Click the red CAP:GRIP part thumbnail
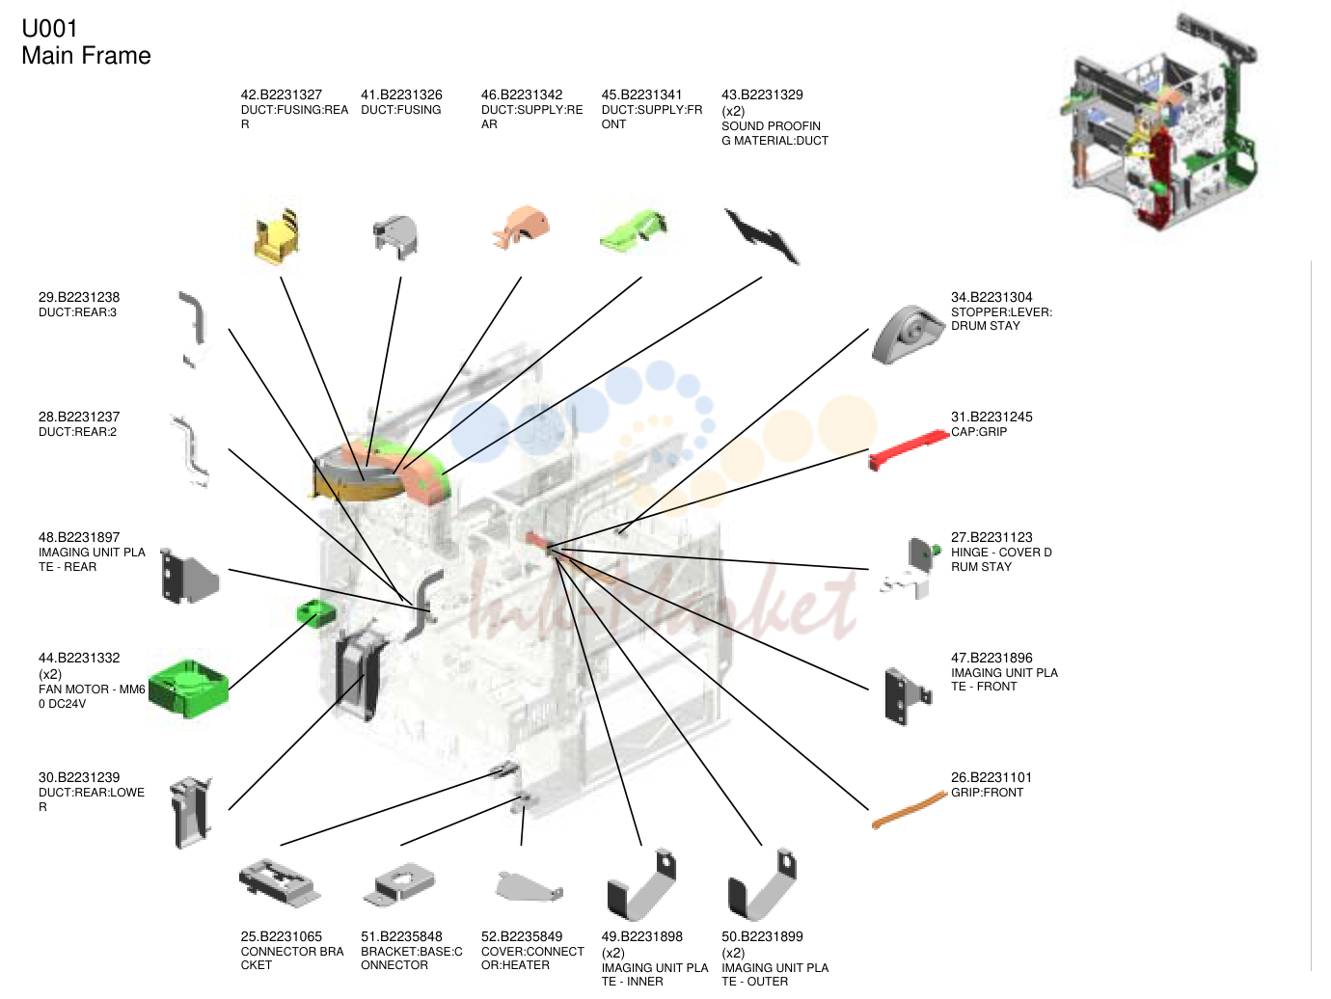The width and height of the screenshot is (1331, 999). tap(909, 448)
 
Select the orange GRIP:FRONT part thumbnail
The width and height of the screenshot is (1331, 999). tap(910, 810)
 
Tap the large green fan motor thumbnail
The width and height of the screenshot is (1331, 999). tap(188, 688)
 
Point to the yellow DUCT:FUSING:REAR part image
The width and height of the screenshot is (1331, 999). tap(278, 236)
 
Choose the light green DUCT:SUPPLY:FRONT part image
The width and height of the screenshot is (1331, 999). tap(634, 230)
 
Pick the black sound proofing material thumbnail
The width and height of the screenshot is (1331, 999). tap(762, 236)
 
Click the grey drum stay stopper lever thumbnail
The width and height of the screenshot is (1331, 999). tap(908, 334)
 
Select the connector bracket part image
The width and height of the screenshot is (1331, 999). tap(280, 882)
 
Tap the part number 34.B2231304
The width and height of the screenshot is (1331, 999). tap(991, 297)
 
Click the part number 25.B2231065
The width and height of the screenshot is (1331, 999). tap(282, 936)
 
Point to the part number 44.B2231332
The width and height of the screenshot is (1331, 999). tap(79, 658)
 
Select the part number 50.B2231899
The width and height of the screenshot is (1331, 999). tap(762, 936)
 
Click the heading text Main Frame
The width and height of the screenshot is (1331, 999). tap(86, 55)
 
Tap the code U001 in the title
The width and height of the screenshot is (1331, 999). tap(50, 29)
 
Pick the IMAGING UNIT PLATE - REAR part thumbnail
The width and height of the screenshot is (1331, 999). tap(190, 576)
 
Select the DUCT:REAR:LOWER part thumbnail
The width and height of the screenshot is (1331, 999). tap(191, 812)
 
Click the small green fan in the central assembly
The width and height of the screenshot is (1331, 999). tap(315, 613)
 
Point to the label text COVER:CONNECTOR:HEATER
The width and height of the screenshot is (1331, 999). tap(532, 958)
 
